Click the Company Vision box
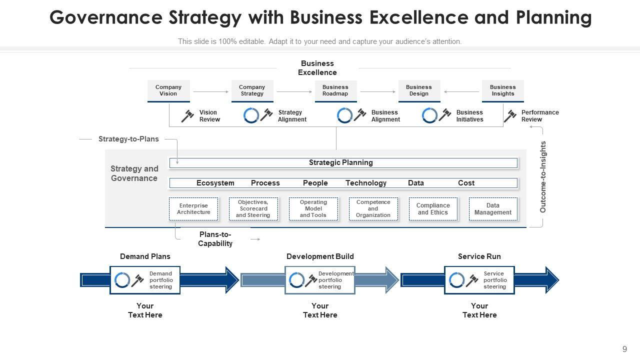click(168, 90)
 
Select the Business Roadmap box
click(335, 90)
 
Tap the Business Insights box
click(502, 90)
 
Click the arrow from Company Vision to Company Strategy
click(210, 91)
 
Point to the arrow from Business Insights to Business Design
click(461, 91)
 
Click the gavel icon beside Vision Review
click(187, 116)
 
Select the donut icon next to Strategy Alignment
click(251, 115)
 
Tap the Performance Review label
click(540, 116)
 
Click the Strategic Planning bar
click(343, 162)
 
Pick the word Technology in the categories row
click(366, 183)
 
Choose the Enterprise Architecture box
click(194, 209)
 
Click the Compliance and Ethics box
click(433, 209)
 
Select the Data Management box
click(492, 209)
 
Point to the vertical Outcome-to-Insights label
click(543, 177)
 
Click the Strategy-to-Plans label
click(128, 139)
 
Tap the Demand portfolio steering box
click(145, 280)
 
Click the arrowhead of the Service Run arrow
click(551, 280)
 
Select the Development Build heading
click(320, 256)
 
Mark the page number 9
click(624, 349)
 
